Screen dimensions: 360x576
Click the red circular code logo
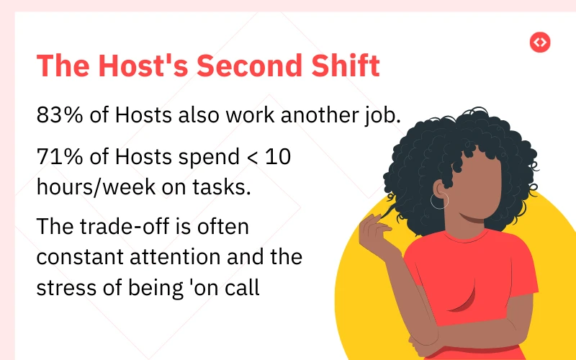[x=539, y=42]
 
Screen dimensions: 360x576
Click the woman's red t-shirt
[x=468, y=288]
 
